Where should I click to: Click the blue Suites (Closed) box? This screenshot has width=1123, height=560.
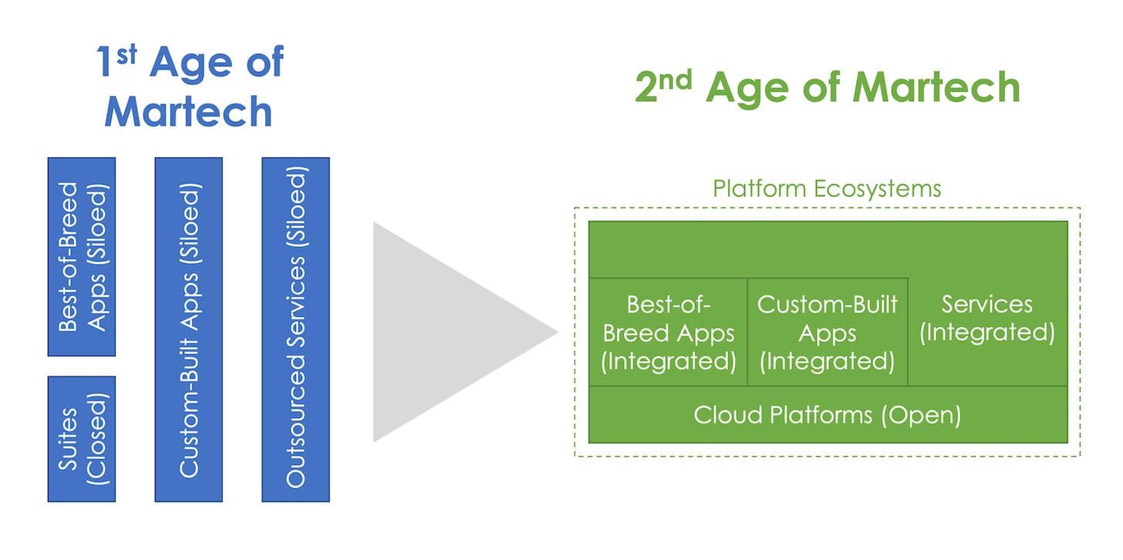pyautogui.click(x=81, y=439)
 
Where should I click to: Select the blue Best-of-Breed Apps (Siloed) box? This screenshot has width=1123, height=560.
pyautogui.click(x=81, y=256)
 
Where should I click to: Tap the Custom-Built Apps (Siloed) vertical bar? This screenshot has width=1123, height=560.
pyautogui.click(x=188, y=329)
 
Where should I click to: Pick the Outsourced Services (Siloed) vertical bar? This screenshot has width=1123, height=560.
pyautogui.click(x=295, y=329)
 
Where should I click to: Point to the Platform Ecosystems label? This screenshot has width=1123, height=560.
pyautogui.click(x=826, y=189)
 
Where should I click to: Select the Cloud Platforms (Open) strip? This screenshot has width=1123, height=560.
pyautogui.click(x=827, y=415)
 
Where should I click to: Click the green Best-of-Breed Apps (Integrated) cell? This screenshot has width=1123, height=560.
pyautogui.click(x=668, y=332)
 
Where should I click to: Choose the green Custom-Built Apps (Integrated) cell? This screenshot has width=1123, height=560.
pyautogui.click(x=827, y=332)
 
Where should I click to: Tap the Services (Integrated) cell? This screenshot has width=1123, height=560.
pyautogui.click(x=987, y=319)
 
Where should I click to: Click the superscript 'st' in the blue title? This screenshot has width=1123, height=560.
pyautogui.click(x=127, y=54)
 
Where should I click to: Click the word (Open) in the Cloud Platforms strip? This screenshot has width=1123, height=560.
pyautogui.click(x=922, y=415)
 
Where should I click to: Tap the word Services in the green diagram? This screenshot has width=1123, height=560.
pyautogui.click(x=986, y=304)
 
